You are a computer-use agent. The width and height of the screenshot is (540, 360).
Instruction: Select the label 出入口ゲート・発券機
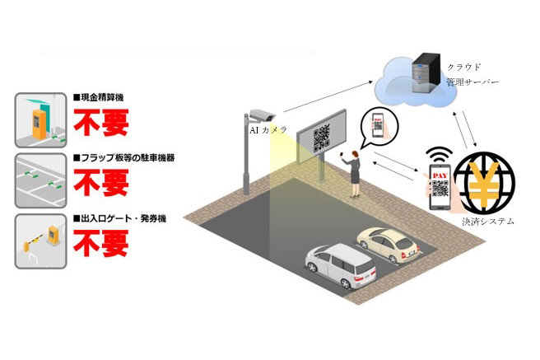(x=120, y=218)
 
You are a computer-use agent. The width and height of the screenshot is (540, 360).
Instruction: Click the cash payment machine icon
(x=40, y=119)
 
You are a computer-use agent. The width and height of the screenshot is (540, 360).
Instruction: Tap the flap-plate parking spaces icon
(x=40, y=180)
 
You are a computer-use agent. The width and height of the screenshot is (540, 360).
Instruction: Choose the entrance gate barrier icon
(x=40, y=241)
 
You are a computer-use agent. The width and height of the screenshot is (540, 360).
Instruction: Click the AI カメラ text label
(x=268, y=129)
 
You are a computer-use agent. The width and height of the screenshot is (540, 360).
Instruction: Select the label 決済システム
(x=488, y=222)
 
